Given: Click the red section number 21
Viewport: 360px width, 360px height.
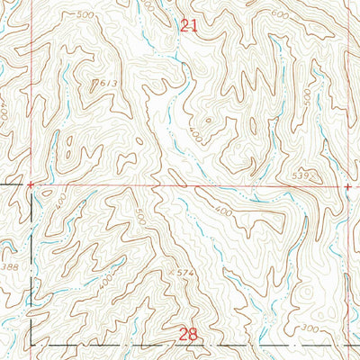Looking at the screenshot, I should pos(187,27).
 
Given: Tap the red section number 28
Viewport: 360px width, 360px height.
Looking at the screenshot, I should pos(187,334).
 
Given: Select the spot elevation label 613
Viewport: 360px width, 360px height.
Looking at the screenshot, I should pos(108,84).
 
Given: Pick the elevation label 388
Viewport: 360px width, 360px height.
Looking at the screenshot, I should pos(10,267).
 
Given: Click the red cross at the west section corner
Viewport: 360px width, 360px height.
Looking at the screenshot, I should pos(31,185).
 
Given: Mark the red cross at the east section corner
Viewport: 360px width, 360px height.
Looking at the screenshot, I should pos(347,186).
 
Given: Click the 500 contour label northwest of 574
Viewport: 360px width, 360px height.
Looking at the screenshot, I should pos(139,217).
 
